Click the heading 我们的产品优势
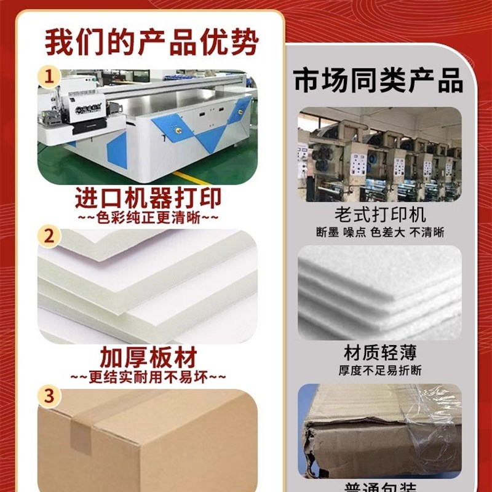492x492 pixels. coord(151,42)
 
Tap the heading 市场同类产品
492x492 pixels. coord(378,81)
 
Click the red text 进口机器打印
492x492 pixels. coord(148,198)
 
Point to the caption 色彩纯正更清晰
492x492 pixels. coord(148,218)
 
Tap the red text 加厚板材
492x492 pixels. coord(148,357)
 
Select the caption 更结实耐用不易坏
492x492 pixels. coord(148,376)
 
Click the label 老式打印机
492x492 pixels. coord(379,215)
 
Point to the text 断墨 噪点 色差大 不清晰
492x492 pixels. coord(379,232)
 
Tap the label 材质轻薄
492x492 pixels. coord(379,352)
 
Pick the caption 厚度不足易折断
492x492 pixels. coord(379,370)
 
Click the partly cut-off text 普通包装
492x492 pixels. coord(379,486)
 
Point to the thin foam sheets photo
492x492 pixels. coord(379,293)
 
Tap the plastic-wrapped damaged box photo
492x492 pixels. coord(379,430)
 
